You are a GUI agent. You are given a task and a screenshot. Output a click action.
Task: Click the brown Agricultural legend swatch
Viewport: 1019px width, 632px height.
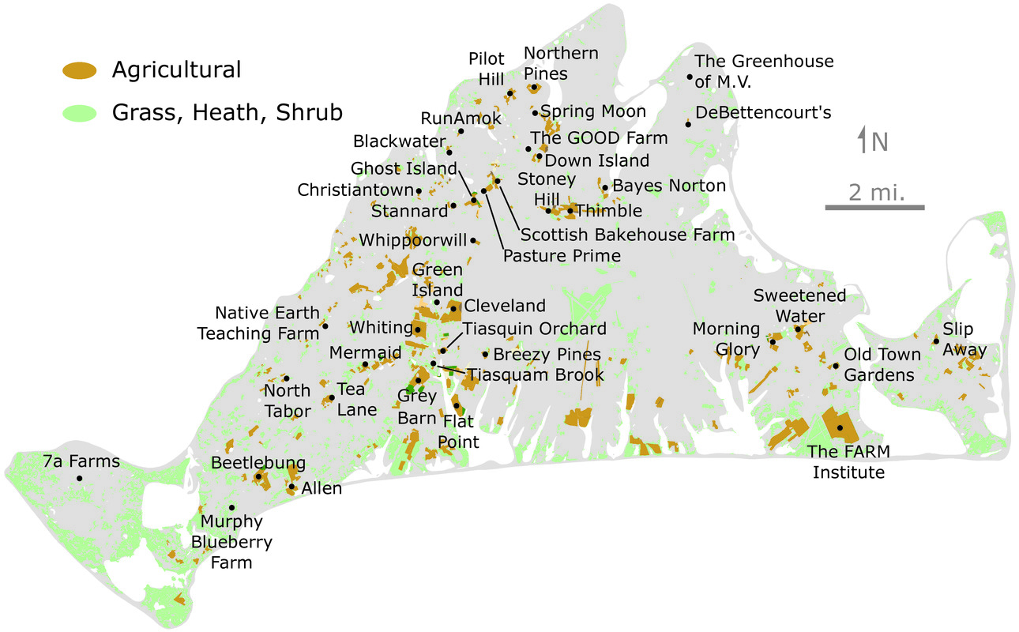[x=79, y=71]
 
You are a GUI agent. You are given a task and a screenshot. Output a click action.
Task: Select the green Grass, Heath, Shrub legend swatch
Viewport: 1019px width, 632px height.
[x=79, y=113]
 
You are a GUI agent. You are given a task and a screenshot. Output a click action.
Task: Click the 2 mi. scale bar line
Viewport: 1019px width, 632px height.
[x=874, y=208]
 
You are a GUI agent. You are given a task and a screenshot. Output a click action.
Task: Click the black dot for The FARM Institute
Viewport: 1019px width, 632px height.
[x=840, y=427]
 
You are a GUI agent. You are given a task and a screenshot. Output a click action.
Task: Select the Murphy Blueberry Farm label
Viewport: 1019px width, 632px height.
[x=231, y=542]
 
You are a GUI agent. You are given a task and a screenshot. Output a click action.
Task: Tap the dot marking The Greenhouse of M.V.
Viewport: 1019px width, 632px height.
[x=690, y=77]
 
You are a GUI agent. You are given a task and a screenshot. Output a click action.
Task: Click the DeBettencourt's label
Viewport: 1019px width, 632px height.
[x=763, y=112]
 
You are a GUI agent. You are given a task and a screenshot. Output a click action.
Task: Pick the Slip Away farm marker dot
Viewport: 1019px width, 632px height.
[x=936, y=341]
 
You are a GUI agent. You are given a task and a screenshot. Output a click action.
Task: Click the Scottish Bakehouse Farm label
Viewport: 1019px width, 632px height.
[x=627, y=235]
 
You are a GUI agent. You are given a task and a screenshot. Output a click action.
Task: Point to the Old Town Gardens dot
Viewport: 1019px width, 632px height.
[x=835, y=366]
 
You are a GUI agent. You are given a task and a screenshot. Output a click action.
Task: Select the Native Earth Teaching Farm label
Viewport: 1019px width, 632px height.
[x=258, y=323]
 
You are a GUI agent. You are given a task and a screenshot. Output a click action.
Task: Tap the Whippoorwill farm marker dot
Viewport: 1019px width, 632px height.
[x=473, y=240]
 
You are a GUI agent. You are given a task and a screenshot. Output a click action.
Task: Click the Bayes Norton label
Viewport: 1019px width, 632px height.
[x=668, y=186]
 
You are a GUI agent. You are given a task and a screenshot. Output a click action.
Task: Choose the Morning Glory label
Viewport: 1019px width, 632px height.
[x=726, y=338]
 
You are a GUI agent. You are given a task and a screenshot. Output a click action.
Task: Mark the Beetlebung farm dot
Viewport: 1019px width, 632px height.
[x=258, y=476]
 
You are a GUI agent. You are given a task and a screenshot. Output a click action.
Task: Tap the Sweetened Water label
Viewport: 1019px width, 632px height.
[x=799, y=305]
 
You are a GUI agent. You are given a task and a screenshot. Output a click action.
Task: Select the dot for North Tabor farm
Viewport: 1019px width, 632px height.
[x=286, y=378]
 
